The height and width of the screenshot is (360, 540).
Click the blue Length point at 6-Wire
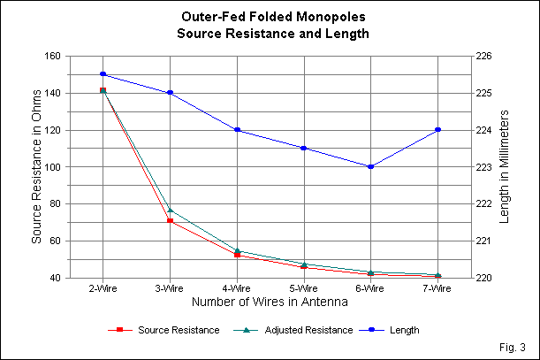coord(370,166)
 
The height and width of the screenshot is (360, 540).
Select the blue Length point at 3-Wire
coord(170,93)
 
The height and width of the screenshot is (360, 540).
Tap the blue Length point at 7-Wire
coord(437,130)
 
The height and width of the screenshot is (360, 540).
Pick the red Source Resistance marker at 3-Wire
coord(170,220)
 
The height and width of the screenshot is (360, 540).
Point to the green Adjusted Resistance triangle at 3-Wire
coord(170,211)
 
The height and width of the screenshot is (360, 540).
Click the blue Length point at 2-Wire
coord(103,74)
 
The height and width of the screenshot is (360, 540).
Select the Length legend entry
coord(403,330)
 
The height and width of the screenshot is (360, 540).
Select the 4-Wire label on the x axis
coord(237,288)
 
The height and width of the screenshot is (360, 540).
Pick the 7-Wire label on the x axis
coord(437,288)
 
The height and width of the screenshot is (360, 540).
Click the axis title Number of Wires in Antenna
coord(270,302)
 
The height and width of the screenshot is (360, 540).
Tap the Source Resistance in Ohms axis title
coord(36,166)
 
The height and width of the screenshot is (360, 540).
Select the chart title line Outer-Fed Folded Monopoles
coord(270,18)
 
